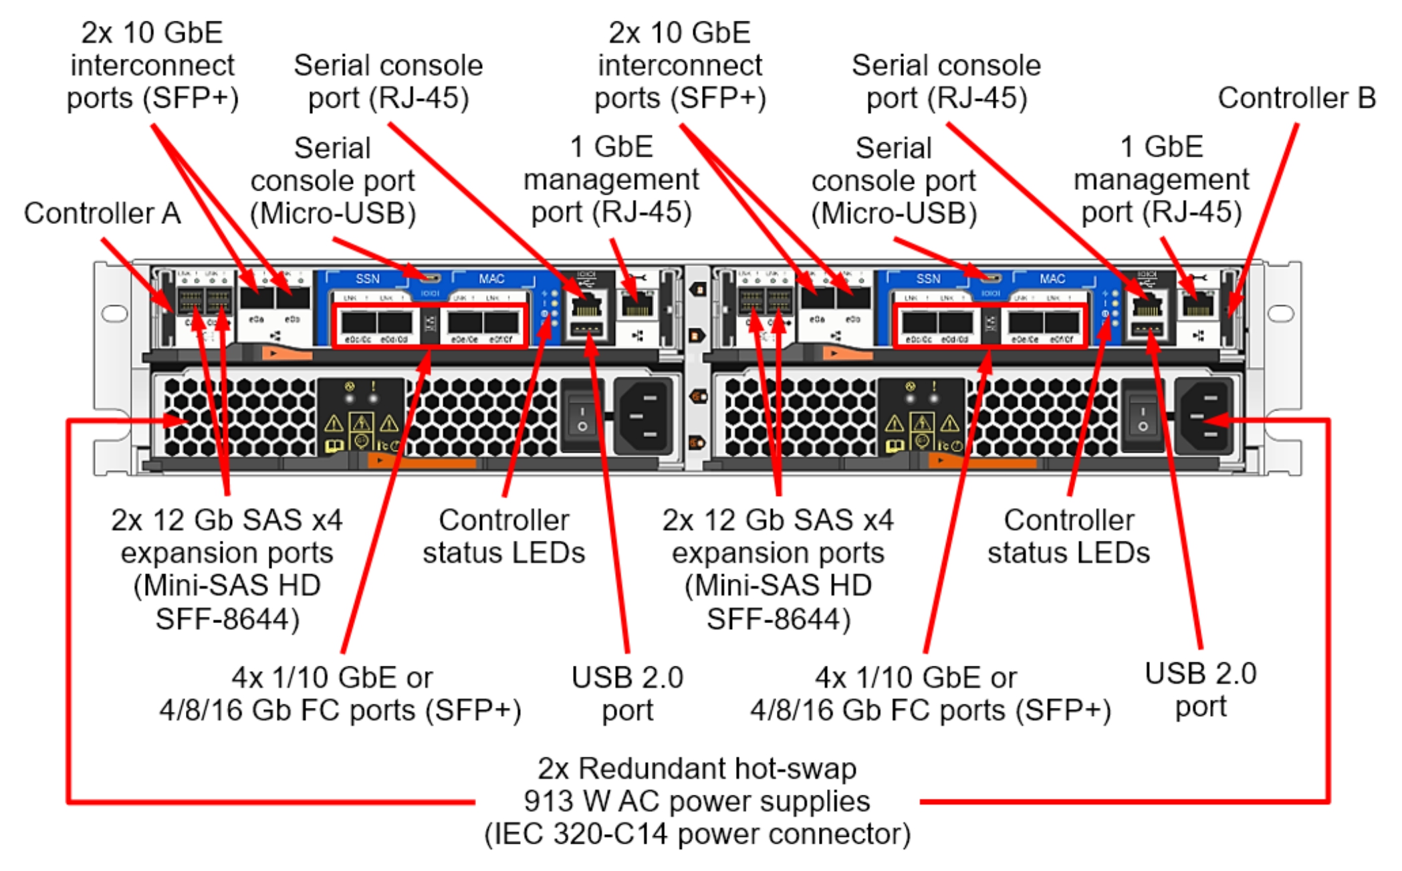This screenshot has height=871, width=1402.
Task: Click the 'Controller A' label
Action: [102, 214]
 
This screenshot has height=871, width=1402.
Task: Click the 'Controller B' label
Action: [1296, 98]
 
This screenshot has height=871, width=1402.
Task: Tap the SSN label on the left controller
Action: [367, 279]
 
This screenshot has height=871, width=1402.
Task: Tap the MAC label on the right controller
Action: [1052, 279]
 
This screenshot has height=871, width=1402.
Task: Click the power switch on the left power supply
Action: [582, 416]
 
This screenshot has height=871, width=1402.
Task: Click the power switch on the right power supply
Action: [1143, 416]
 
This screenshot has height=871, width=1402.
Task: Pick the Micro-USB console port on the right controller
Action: [992, 277]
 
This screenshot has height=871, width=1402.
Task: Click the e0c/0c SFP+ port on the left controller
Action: [358, 323]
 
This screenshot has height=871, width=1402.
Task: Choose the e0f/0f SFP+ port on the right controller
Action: [1061, 323]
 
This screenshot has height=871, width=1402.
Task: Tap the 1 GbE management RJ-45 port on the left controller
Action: [637, 305]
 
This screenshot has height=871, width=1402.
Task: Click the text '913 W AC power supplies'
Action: [697, 801]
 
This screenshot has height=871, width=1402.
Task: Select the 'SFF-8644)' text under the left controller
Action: [227, 619]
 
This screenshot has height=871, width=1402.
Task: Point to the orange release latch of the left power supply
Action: [421, 461]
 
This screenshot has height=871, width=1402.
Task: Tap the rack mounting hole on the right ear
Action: [1280, 313]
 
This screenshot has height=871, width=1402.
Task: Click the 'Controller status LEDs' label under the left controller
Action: [503, 537]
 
